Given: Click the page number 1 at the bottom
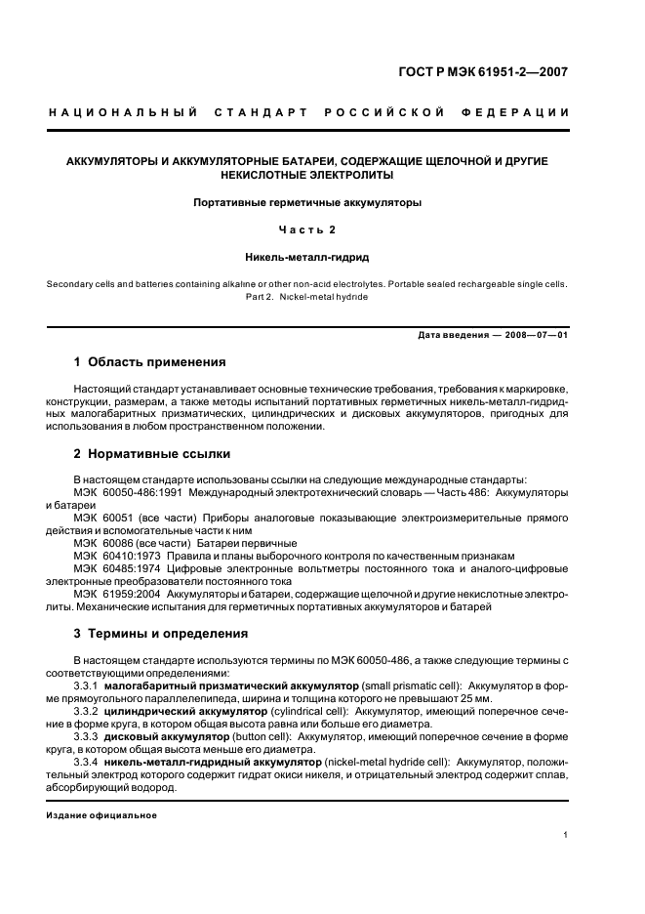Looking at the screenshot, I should coord(565,835).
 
